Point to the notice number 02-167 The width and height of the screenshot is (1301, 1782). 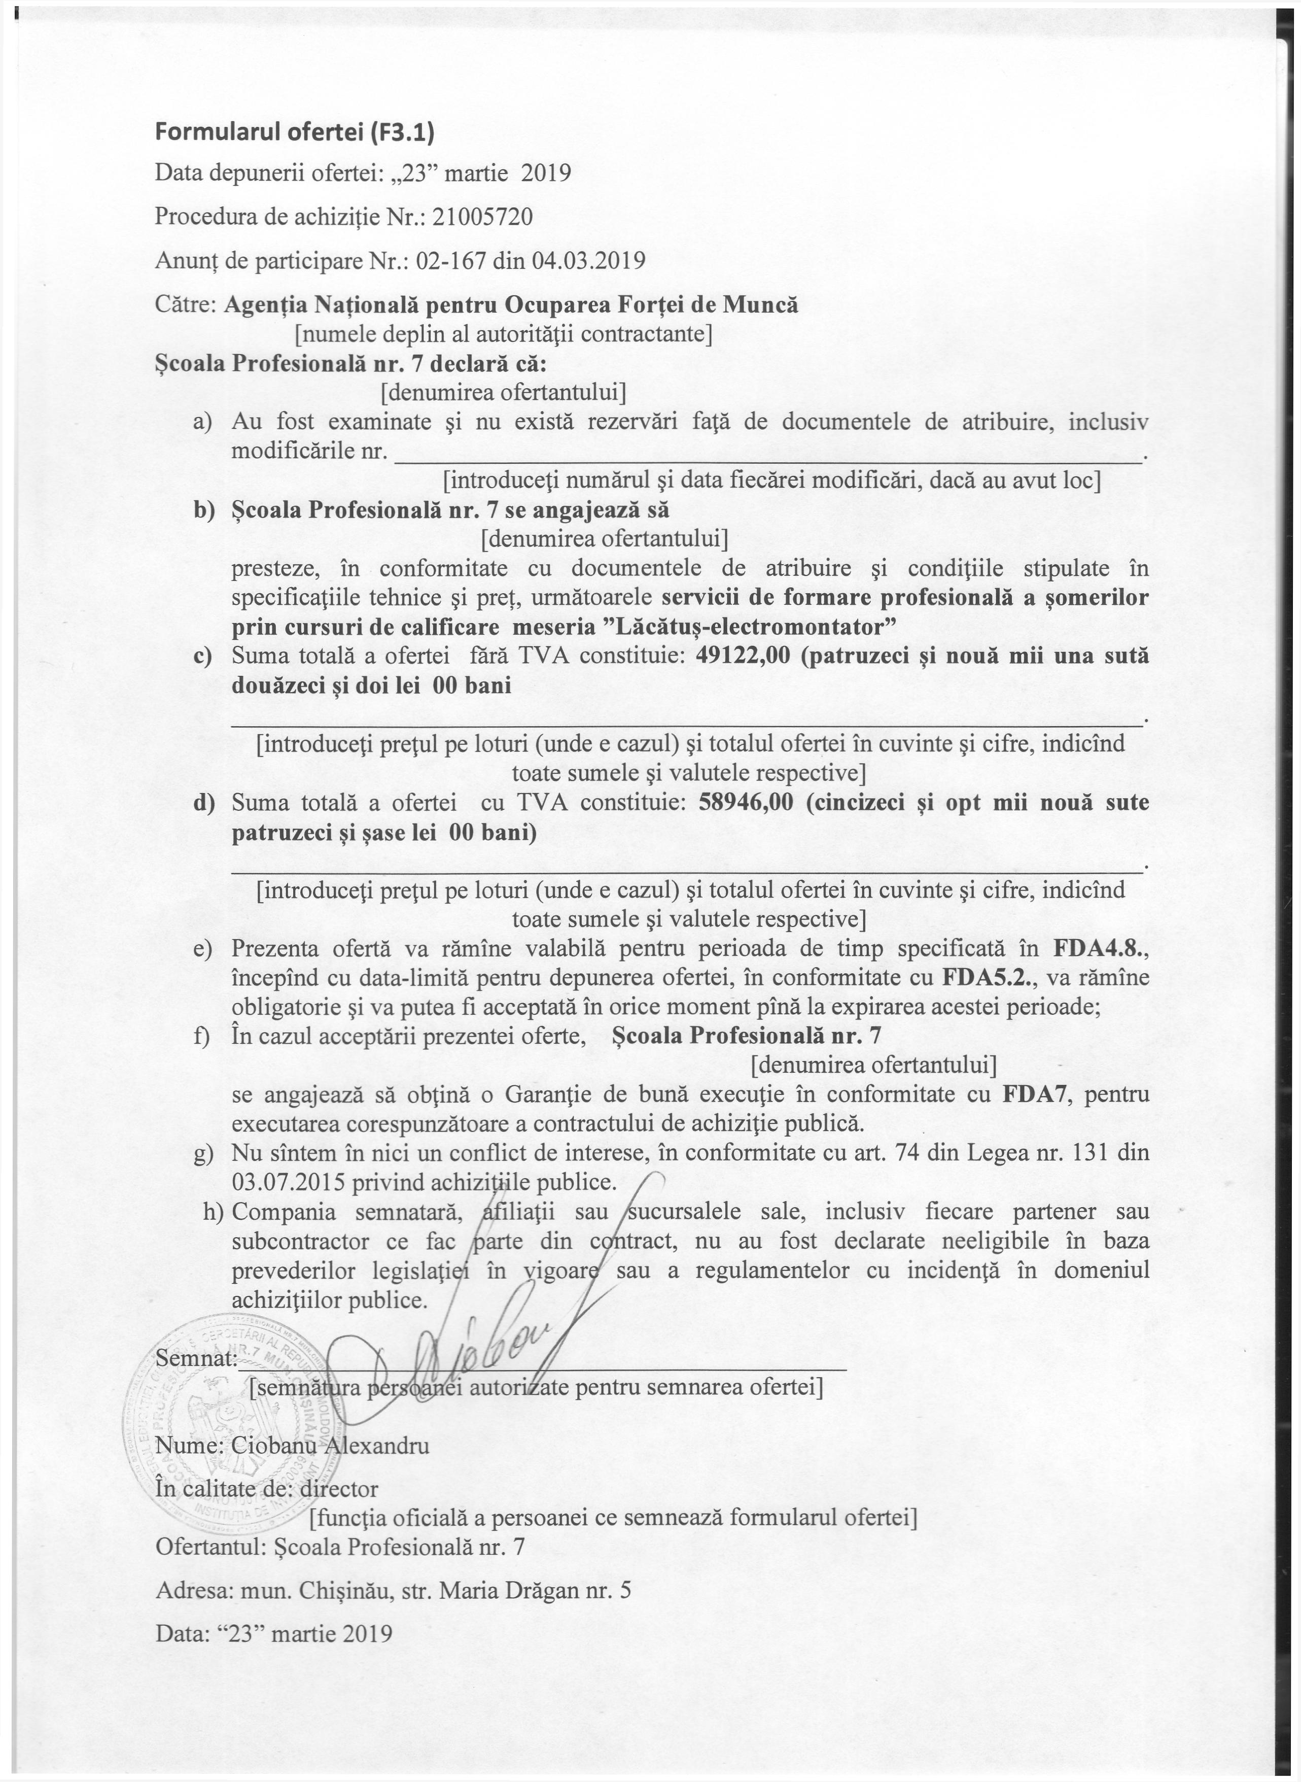tap(450, 261)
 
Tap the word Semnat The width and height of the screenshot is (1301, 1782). tap(195, 1359)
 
